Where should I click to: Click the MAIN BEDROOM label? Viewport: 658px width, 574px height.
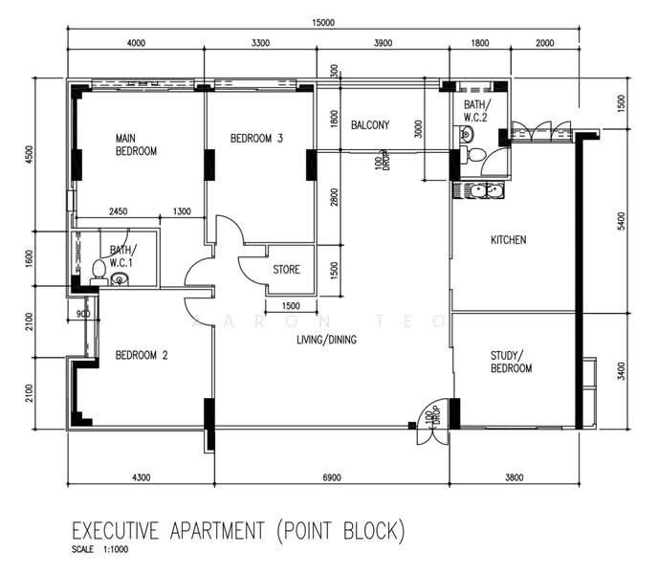click(136, 144)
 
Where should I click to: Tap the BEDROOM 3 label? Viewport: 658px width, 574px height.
click(256, 138)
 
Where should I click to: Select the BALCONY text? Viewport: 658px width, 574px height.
click(370, 125)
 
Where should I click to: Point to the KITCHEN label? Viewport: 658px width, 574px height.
click(508, 240)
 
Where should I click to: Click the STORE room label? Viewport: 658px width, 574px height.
click(287, 270)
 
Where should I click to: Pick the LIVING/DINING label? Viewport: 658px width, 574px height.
click(326, 340)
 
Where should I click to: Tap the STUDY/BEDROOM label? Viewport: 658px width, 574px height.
click(511, 362)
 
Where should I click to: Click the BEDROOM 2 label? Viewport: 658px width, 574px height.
click(142, 355)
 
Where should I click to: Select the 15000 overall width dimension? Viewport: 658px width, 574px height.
click(323, 23)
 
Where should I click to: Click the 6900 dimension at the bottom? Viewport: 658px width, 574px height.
click(332, 477)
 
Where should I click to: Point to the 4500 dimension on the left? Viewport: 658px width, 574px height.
click(29, 155)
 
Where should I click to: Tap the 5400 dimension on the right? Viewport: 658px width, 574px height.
click(621, 221)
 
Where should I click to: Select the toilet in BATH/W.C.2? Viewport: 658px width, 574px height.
click(472, 155)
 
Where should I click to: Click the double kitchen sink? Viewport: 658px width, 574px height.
click(479, 190)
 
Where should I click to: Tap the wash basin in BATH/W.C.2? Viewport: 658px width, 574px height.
click(466, 134)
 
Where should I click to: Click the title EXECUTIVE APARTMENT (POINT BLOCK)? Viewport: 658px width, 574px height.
click(238, 531)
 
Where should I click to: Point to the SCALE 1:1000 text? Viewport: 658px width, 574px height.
click(99, 550)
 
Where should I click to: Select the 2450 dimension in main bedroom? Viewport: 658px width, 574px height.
click(119, 211)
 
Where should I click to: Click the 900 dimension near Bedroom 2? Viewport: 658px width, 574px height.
click(83, 314)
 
